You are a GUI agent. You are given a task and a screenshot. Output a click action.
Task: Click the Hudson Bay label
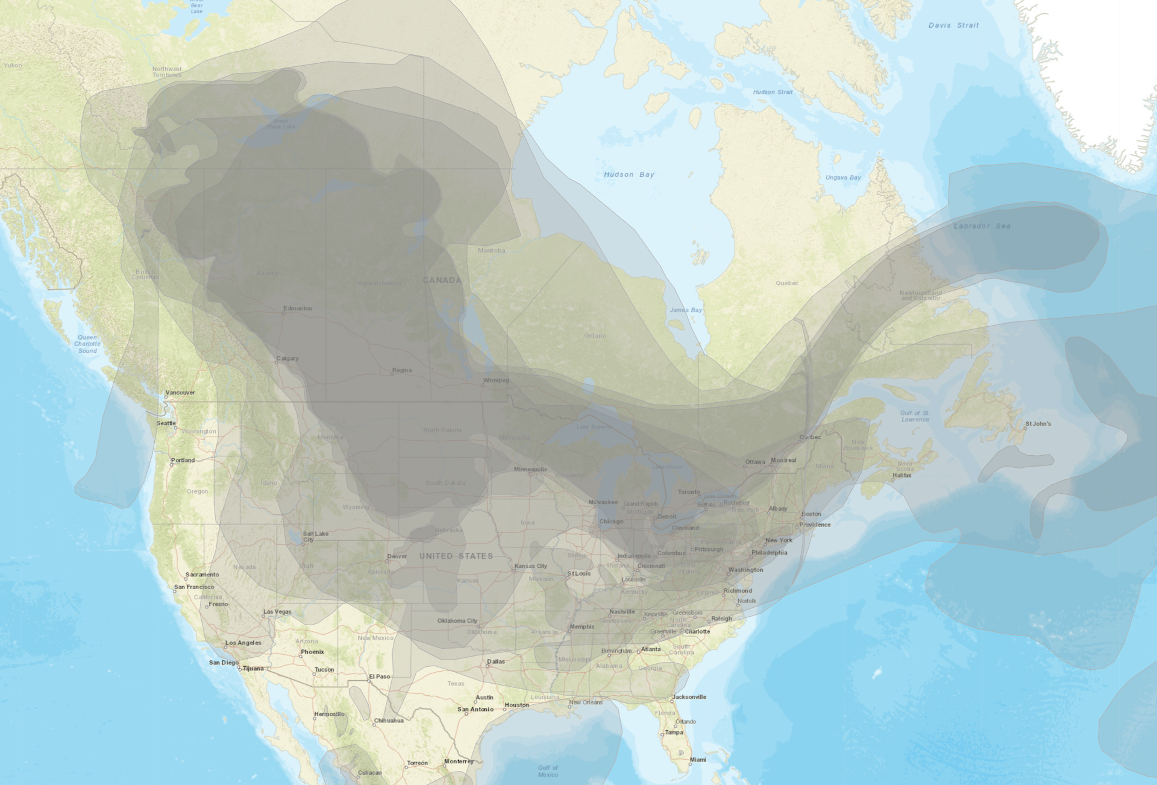coord(629,175)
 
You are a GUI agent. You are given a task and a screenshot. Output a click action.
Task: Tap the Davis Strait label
coord(953,25)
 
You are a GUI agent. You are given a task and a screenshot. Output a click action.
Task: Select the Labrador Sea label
coord(982,226)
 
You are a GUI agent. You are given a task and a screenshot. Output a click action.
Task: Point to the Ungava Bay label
coord(843,178)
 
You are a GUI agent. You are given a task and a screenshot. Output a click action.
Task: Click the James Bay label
coord(686,310)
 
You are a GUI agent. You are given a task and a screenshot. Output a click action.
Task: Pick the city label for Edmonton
coord(298,309)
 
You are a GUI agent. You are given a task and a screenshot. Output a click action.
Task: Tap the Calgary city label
coord(287,359)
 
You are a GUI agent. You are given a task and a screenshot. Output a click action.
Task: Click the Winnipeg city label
coord(496,380)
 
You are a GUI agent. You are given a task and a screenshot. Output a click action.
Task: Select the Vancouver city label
coord(180,393)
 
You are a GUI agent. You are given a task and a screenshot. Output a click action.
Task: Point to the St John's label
coord(1038,424)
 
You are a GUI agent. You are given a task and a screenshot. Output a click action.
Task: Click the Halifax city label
coord(902,476)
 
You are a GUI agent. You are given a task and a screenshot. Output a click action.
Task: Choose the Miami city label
coord(698,760)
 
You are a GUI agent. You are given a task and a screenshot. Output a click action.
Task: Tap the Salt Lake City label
coord(316,537)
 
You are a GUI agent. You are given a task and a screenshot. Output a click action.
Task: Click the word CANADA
coord(442,280)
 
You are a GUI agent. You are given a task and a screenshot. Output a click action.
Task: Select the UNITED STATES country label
coord(456,556)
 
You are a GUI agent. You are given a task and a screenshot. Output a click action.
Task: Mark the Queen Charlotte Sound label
coord(87,344)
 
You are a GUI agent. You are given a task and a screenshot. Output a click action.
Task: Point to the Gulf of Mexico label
coord(548,771)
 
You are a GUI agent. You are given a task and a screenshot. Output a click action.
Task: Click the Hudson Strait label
coord(773,92)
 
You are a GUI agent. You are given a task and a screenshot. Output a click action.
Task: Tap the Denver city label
coord(397,556)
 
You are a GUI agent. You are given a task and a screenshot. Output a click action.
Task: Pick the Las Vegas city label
coord(277,612)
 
